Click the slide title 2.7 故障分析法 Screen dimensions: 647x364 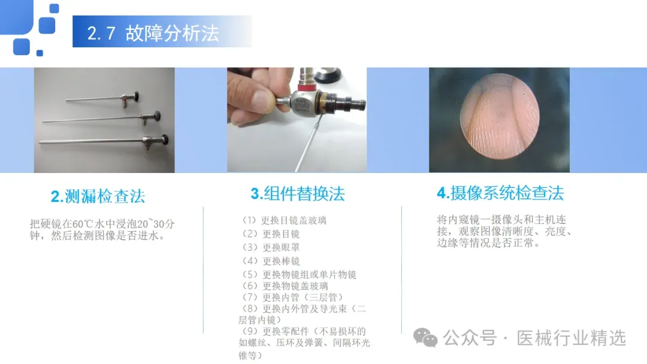[153, 33]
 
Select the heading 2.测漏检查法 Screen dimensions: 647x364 [98, 196]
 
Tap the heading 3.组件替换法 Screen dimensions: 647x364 [298, 194]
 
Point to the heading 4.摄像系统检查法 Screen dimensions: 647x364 [500, 193]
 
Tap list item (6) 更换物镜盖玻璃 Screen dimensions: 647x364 [284, 286]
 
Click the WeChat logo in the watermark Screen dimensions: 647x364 [425, 338]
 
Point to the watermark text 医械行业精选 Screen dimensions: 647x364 [572, 338]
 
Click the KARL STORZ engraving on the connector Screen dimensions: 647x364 [302, 103]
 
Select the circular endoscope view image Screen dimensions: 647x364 [499, 116]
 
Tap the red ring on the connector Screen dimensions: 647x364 [306, 87]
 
